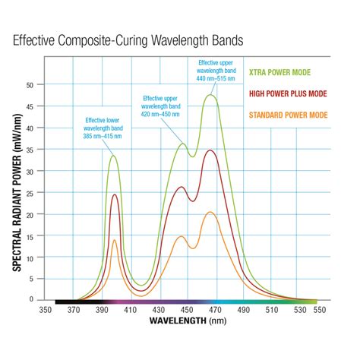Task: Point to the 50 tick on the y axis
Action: click(30, 85)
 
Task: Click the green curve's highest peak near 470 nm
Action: click(210, 95)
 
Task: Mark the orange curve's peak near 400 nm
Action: click(115, 240)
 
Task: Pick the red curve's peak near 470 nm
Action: click(210, 150)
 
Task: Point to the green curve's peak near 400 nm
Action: click(114, 156)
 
